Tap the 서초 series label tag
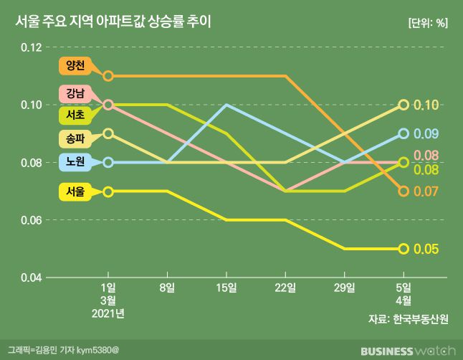coord(76,114)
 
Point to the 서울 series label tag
coord(76,191)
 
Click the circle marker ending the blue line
coord(404,133)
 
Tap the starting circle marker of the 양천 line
coord(108,75)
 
